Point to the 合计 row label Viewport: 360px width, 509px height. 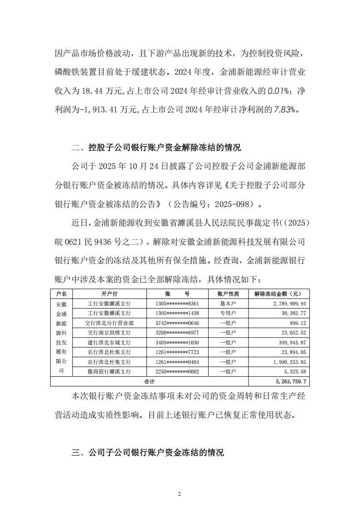(x=150, y=381)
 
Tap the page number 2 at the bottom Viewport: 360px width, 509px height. (x=180, y=494)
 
